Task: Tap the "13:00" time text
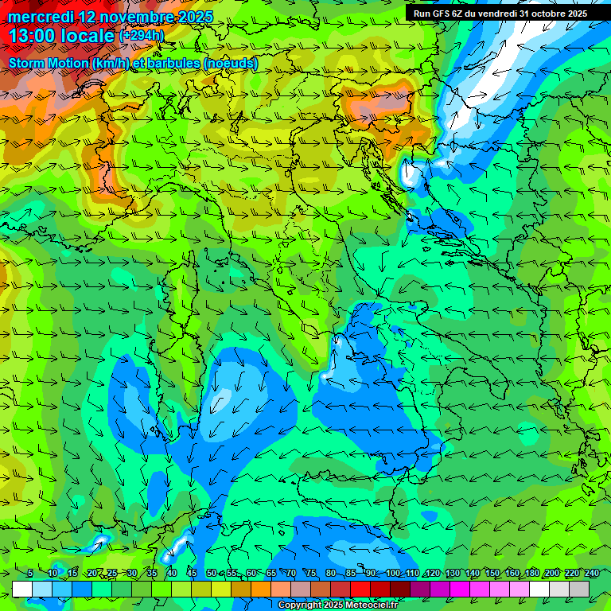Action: [32, 37]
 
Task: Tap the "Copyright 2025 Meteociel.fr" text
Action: [337, 605]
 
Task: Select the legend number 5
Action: [29, 574]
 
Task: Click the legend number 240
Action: [591, 574]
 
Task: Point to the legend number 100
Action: [392, 574]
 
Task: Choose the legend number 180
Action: [531, 574]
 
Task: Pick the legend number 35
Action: [151, 574]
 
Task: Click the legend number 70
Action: [291, 574]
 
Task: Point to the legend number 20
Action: [91, 574]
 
